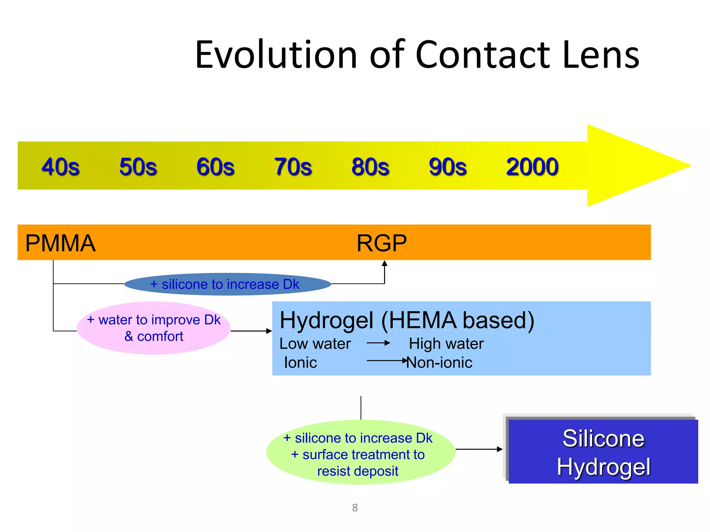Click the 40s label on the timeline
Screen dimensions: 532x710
click(x=60, y=167)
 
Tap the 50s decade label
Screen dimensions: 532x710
click(x=138, y=167)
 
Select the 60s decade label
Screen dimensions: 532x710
click(x=215, y=167)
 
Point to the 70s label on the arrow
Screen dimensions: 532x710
click(x=293, y=167)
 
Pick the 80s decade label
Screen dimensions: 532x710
click(x=370, y=167)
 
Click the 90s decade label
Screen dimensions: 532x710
click(x=448, y=167)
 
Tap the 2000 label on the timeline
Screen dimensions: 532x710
click(x=532, y=167)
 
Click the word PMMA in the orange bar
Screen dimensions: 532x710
click(x=60, y=243)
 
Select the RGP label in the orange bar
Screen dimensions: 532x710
click(x=382, y=243)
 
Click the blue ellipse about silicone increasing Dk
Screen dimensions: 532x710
click(x=227, y=284)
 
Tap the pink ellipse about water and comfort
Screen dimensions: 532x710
click(x=154, y=328)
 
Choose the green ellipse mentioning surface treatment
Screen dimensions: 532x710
click(x=360, y=452)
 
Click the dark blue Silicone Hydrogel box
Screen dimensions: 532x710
click(x=603, y=452)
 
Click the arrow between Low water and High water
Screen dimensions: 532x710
click(x=379, y=343)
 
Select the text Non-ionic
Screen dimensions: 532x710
click(x=439, y=363)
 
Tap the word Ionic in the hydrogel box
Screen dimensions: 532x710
click(x=300, y=363)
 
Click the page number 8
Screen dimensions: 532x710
click(x=355, y=508)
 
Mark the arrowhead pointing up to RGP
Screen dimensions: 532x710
click(x=384, y=263)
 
